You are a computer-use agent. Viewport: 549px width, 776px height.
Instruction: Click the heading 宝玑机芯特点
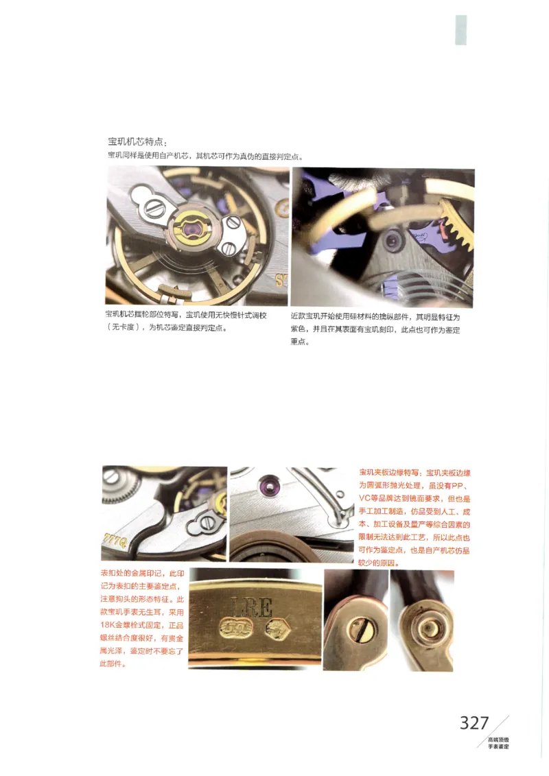click(137, 141)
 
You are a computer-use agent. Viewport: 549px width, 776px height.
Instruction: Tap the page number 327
click(474, 722)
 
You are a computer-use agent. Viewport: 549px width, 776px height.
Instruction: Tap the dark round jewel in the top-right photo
click(392, 240)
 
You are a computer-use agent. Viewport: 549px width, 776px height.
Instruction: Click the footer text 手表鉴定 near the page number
click(498, 745)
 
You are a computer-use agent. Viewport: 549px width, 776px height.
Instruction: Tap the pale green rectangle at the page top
click(460, 30)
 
